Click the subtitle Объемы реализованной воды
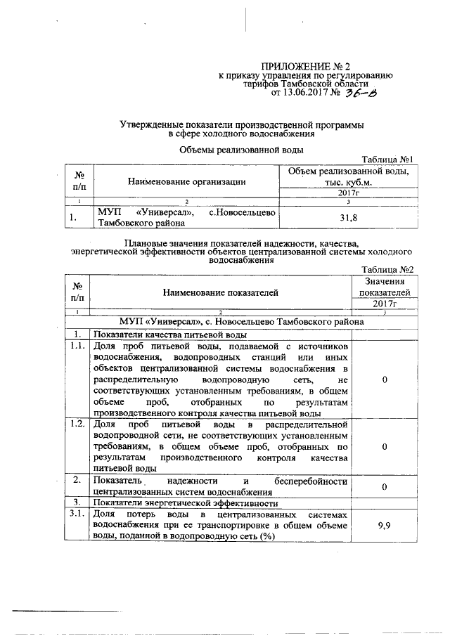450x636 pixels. tap(241, 149)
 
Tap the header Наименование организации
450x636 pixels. tap(186, 181)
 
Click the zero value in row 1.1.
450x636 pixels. tap(385, 380)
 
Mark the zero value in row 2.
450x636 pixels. tap(385, 486)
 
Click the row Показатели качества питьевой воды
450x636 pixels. tap(172, 334)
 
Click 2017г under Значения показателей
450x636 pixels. tap(385, 304)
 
